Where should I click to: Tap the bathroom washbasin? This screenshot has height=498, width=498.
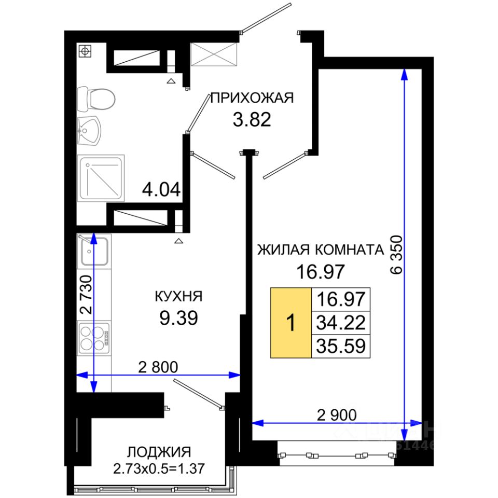89,131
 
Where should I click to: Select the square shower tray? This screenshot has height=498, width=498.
101,178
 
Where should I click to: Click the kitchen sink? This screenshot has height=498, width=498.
94,251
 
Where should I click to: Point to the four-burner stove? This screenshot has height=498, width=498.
94,338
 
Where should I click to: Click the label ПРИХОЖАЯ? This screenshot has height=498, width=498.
252,98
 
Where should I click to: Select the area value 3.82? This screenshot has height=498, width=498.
252,120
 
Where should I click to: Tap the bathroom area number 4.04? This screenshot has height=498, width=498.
161,190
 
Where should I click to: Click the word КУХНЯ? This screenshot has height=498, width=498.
178,296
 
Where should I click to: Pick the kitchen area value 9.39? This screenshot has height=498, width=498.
178,318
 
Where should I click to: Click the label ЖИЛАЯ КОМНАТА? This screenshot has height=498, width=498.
321,250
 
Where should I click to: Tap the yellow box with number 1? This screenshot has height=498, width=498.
291,323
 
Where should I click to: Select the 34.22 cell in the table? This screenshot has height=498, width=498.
341,323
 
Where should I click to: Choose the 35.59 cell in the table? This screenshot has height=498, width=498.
341,346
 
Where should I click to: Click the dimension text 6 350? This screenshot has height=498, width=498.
397,255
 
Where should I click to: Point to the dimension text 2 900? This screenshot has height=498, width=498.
337,415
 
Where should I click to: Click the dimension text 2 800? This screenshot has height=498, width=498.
158,367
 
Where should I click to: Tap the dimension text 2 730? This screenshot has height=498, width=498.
86,295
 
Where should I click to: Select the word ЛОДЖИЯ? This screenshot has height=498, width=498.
159,452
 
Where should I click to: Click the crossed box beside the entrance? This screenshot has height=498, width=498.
214,54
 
